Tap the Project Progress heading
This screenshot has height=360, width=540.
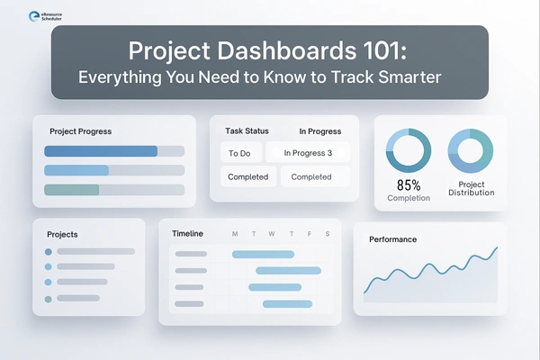click(x=81, y=131)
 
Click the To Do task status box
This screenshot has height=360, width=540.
click(x=239, y=153)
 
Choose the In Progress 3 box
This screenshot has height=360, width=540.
click(x=308, y=153)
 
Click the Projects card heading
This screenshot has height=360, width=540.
click(x=62, y=235)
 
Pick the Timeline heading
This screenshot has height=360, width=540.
click(x=187, y=234)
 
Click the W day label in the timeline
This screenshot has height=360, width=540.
click(x=271, y=235)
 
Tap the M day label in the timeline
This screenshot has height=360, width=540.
click(x=235, y=235)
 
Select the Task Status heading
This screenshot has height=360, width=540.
click(x=247, y=131)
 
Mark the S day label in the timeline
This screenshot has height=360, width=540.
click(x=327, y=235)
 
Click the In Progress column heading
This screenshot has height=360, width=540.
click(x=319, y=131)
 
